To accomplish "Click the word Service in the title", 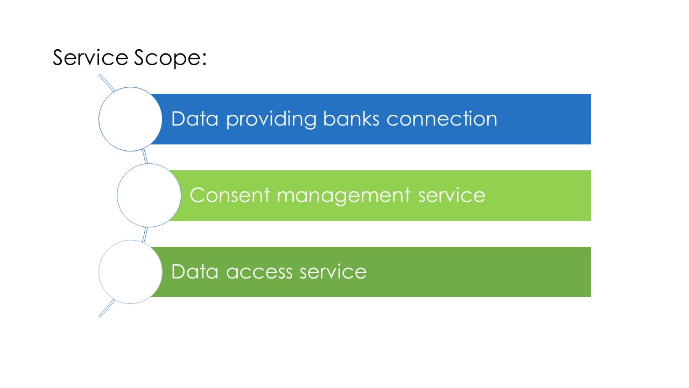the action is tap(90, 57).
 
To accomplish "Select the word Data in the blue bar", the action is tap(194, 119).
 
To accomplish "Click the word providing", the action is tap(271, 120).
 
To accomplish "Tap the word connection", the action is tap(442, 119).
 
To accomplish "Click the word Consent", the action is tap(230, 195).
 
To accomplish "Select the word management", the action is tap(343, 196).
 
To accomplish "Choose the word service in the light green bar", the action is tap(452, 195).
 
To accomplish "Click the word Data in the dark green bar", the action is tap(194, 272).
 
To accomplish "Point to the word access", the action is tap(259, 273).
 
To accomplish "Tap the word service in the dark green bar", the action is tap(333, 272).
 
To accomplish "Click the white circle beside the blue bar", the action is tap(130, 119).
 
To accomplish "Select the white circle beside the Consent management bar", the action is tap(149, 195).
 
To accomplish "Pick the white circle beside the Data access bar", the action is tap(130, 272).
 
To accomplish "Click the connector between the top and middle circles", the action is tap(145, 156).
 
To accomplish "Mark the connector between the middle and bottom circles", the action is tap(145, 234).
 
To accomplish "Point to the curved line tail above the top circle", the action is tap(107, 83).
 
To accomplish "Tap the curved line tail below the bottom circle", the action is tap(107, 308).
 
